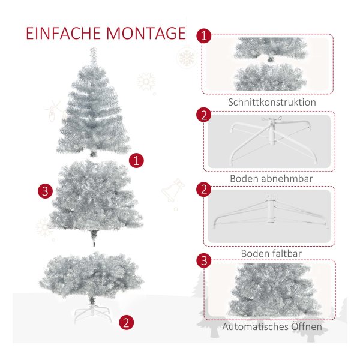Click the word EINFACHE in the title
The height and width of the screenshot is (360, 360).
coord(63,34)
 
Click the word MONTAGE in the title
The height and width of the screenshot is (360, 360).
coord(146,34)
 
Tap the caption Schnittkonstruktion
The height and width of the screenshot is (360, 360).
coord(272,102)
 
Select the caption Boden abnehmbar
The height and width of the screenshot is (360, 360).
coord(271,179)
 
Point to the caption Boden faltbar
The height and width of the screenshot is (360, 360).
coord(271,253)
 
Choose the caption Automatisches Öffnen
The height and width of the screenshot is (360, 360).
coord(272,326)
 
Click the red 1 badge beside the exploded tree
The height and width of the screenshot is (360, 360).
coord(136,160)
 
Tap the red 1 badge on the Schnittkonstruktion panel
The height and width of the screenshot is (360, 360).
coord(204,36)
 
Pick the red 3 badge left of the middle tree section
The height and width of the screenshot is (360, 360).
coord(45,191)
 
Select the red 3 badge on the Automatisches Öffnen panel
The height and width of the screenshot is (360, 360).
coord(204,260)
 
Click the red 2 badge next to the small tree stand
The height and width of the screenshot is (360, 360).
coord(126,322)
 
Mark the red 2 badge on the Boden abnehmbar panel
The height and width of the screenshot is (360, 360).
coord(204,115)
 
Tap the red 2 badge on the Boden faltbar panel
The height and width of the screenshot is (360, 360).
coord(204,190)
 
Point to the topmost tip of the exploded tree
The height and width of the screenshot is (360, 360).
coord(93,48)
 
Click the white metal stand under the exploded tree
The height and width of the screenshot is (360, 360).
coord(92,313)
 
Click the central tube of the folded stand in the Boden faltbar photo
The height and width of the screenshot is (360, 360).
coord(271,208)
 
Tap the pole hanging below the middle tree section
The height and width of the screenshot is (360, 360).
coord(94,238)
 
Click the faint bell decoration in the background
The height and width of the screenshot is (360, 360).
coord(173,190)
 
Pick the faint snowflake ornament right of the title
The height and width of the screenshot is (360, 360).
coord(187,58)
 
